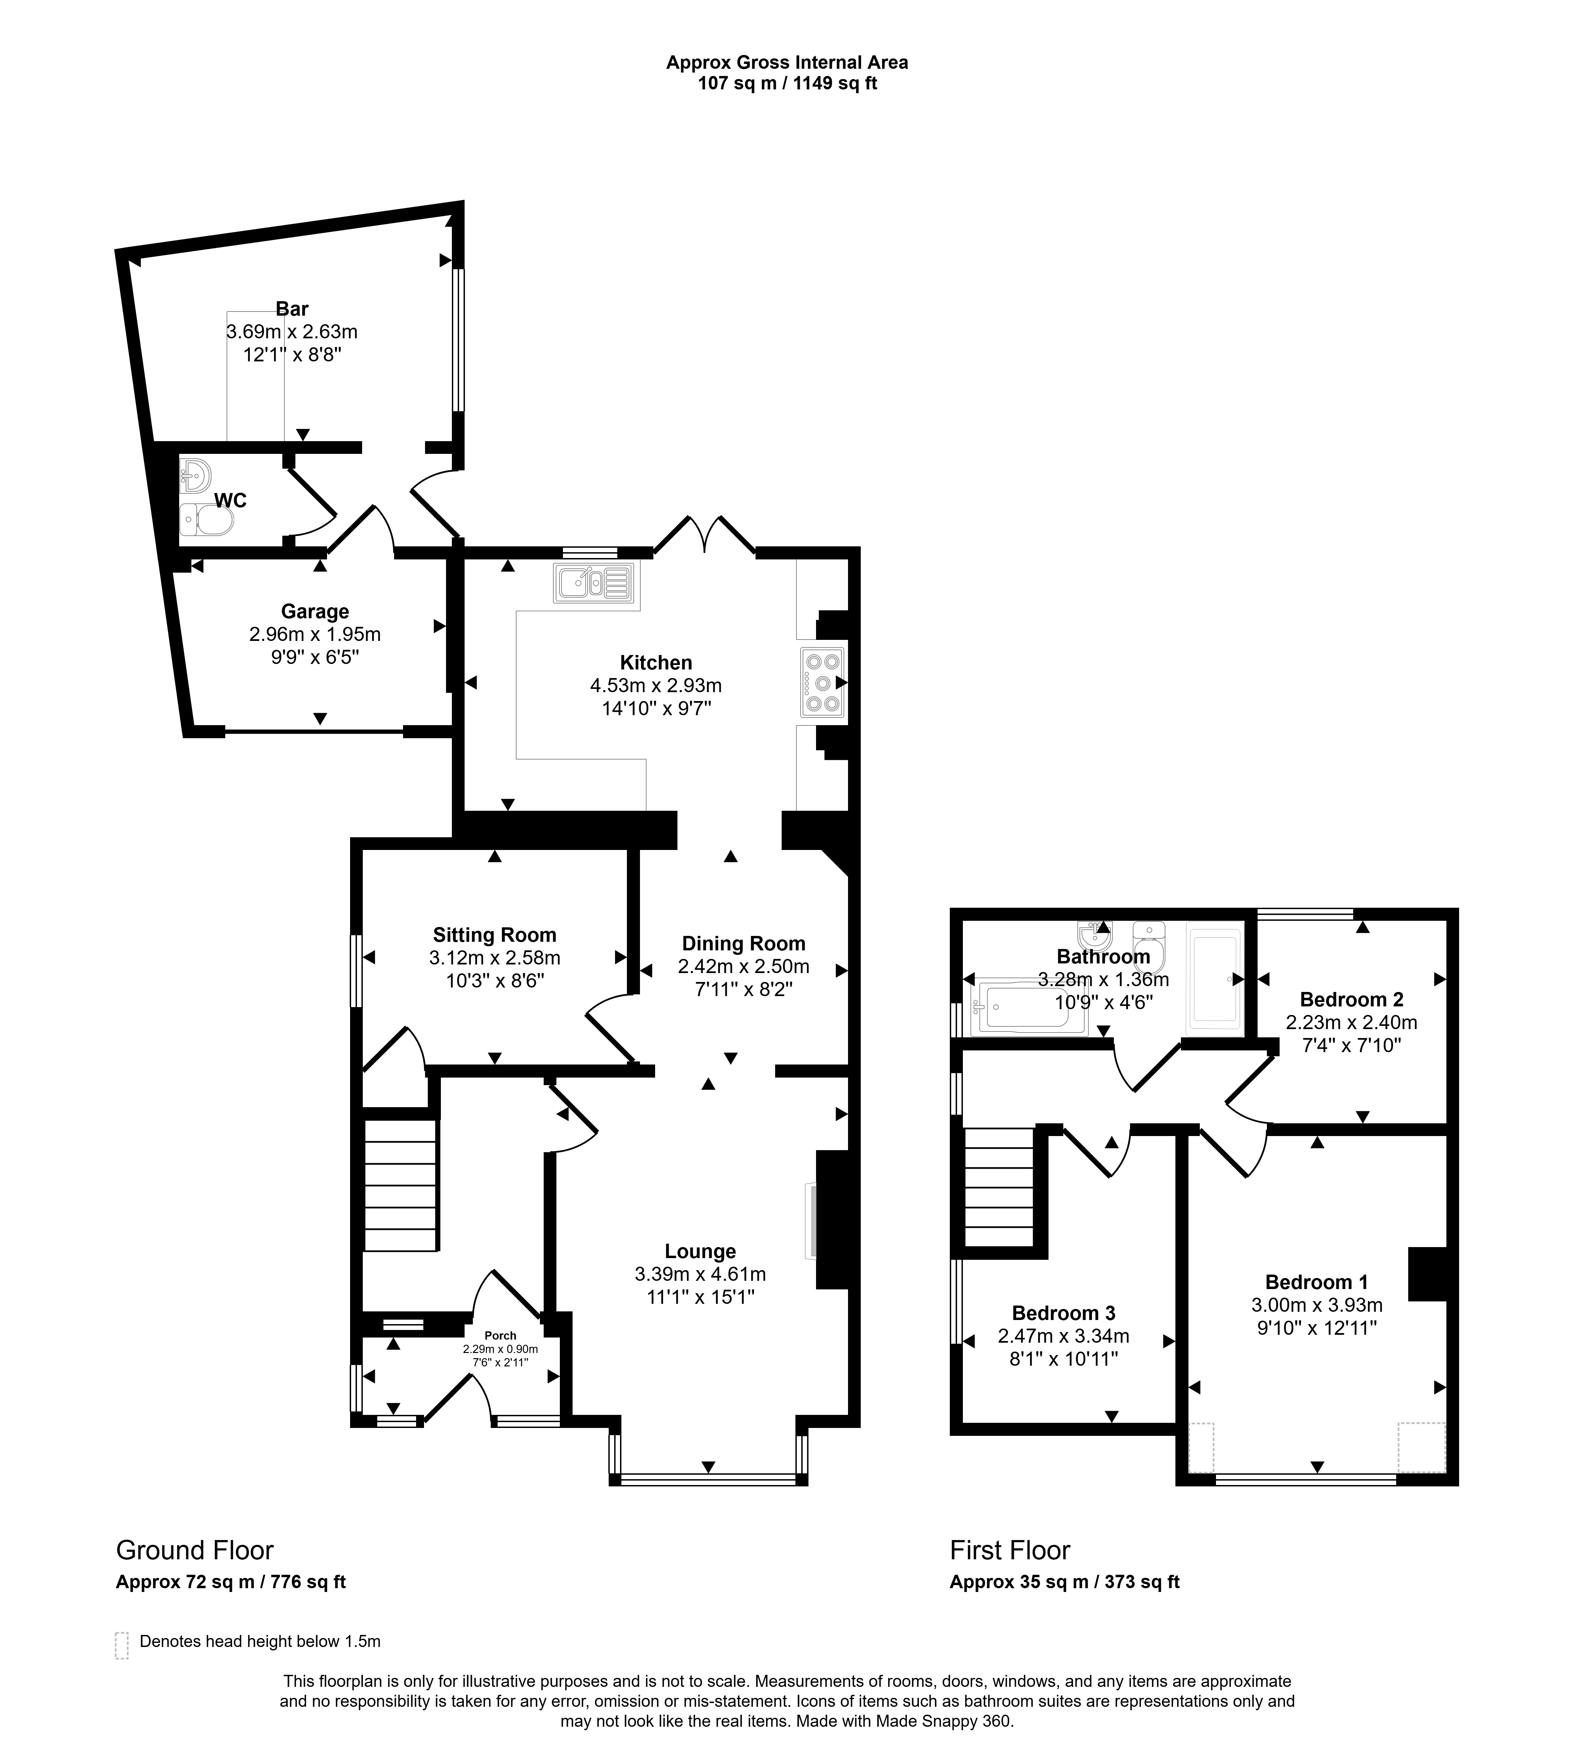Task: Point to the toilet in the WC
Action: tap(208, 521)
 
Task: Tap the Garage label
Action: tap(315, 612)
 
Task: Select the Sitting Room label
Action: tap(494, 935)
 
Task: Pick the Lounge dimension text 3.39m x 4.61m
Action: tap(700, 1274)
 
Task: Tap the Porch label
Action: tap(500, 1336)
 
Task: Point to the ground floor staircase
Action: tap(400, 1185)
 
